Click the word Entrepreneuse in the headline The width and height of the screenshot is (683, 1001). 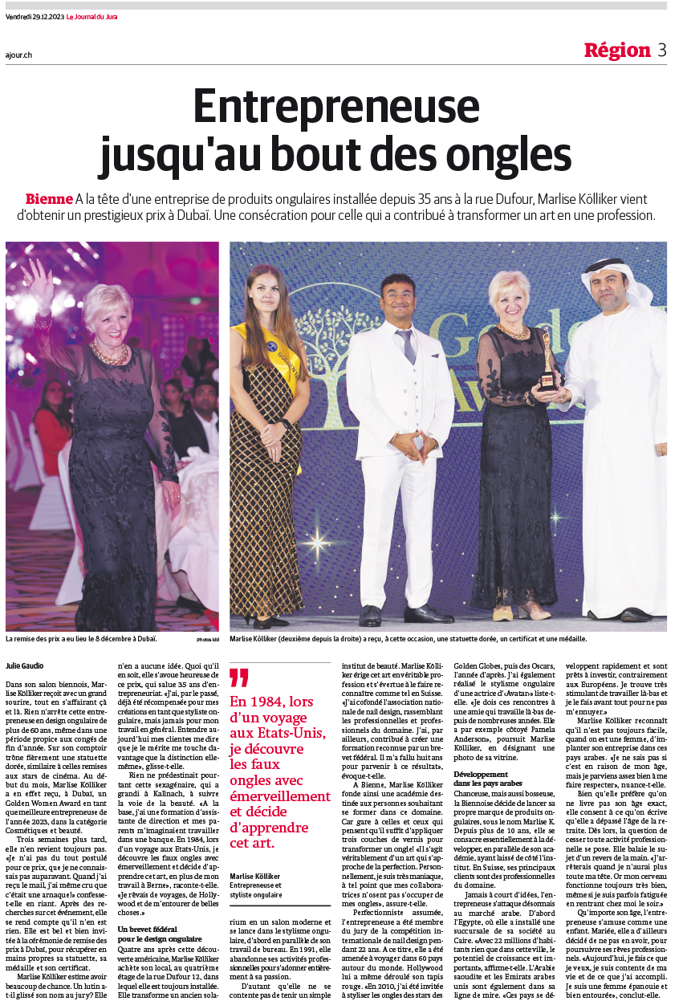pyautogui.click(x=336, y=106)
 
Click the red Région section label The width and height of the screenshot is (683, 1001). pyautogui.click(x=616, y=50)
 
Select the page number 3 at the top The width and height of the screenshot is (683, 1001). pyautogui.click(x=661, y=50)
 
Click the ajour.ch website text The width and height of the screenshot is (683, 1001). pyautogui.click(x=17, y=55)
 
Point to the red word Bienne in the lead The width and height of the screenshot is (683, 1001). pyautogui.click(x=48, y=198)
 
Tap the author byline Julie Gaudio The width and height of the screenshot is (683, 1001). pyautogui.click(x=25, y=665)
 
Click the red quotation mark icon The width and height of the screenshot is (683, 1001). pyautogui.click(x=238, y=678)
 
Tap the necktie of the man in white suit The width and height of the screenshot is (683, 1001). pyautogui.click(x=409, y=345)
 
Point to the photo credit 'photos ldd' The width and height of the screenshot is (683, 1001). pyautogui.click(x=207, y=639)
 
